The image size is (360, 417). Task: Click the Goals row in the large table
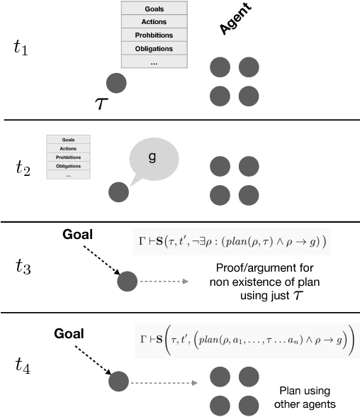(x=154, y=9)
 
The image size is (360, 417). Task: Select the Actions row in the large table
(x=154, y=21)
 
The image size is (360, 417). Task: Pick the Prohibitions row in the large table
(x=154, y=35)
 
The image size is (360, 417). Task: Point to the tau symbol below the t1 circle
(x=102, y=105)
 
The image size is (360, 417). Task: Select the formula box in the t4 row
(x=245, y=342)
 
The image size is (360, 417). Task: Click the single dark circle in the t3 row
(x=128, y=282)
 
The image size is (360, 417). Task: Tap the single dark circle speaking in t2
(x=118, y=191)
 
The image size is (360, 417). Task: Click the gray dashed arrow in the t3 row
(x=164, y=282)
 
